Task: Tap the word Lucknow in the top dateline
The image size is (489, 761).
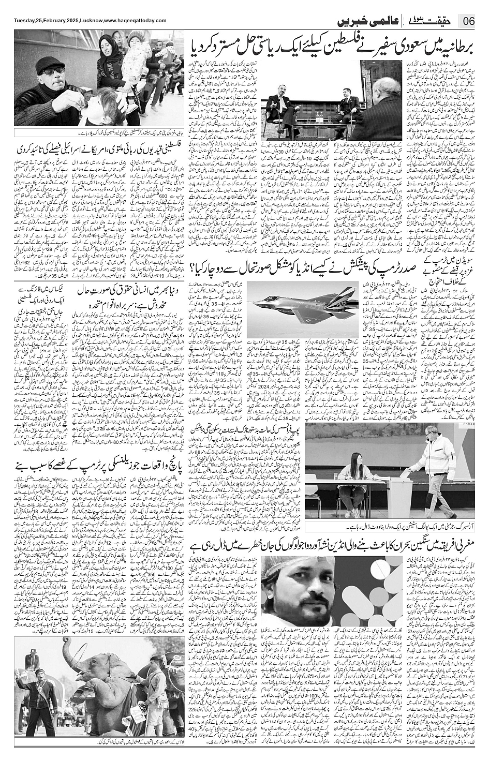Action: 89,20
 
